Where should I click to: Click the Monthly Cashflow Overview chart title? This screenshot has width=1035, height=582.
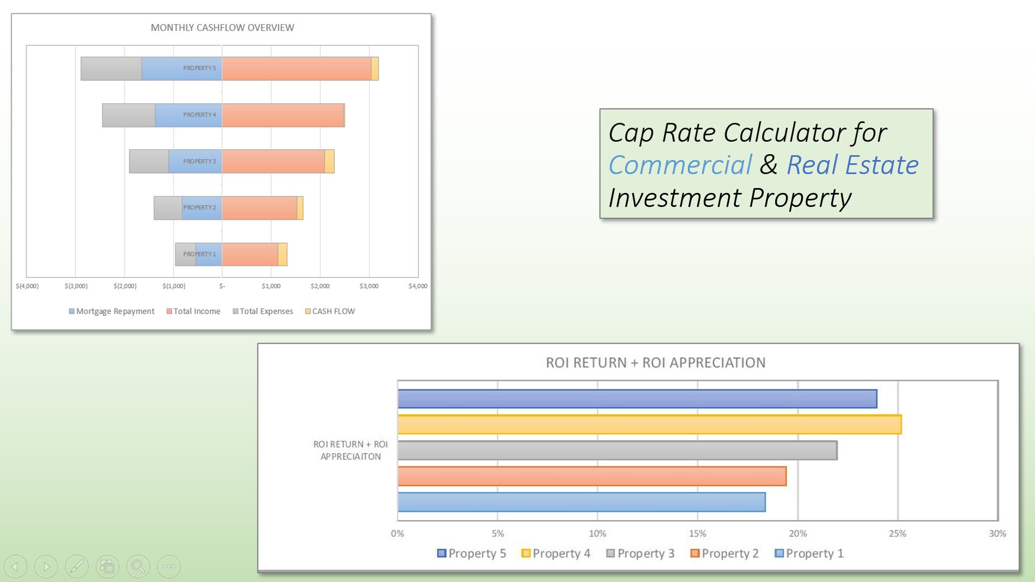tap(222, 27)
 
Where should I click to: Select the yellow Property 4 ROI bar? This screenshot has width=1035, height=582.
tap(649, 424)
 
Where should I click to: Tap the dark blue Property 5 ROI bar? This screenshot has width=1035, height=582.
tap(637, 399)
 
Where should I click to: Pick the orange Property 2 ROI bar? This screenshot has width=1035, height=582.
tap(591, 476)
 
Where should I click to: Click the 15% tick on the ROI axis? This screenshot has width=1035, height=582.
tap(697, 533)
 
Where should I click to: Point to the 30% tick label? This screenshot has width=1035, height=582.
tap(997, 533)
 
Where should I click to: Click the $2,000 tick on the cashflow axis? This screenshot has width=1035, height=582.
tap(320, 286)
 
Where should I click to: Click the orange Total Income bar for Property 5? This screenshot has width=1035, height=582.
tap(296, 68)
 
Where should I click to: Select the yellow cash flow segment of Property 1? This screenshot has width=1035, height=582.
tap(282, 254)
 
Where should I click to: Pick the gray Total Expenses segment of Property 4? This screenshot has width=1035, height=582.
tap(128, 115)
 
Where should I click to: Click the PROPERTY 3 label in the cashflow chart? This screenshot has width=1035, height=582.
tap(199, 162)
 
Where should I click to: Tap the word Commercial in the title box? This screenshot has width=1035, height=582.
tap(680, 165)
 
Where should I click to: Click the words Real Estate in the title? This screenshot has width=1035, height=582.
tap(852, 165)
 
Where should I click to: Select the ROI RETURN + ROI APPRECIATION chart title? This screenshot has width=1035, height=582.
tap(655, 363)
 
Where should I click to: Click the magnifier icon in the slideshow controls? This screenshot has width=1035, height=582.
tap(138, 566)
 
